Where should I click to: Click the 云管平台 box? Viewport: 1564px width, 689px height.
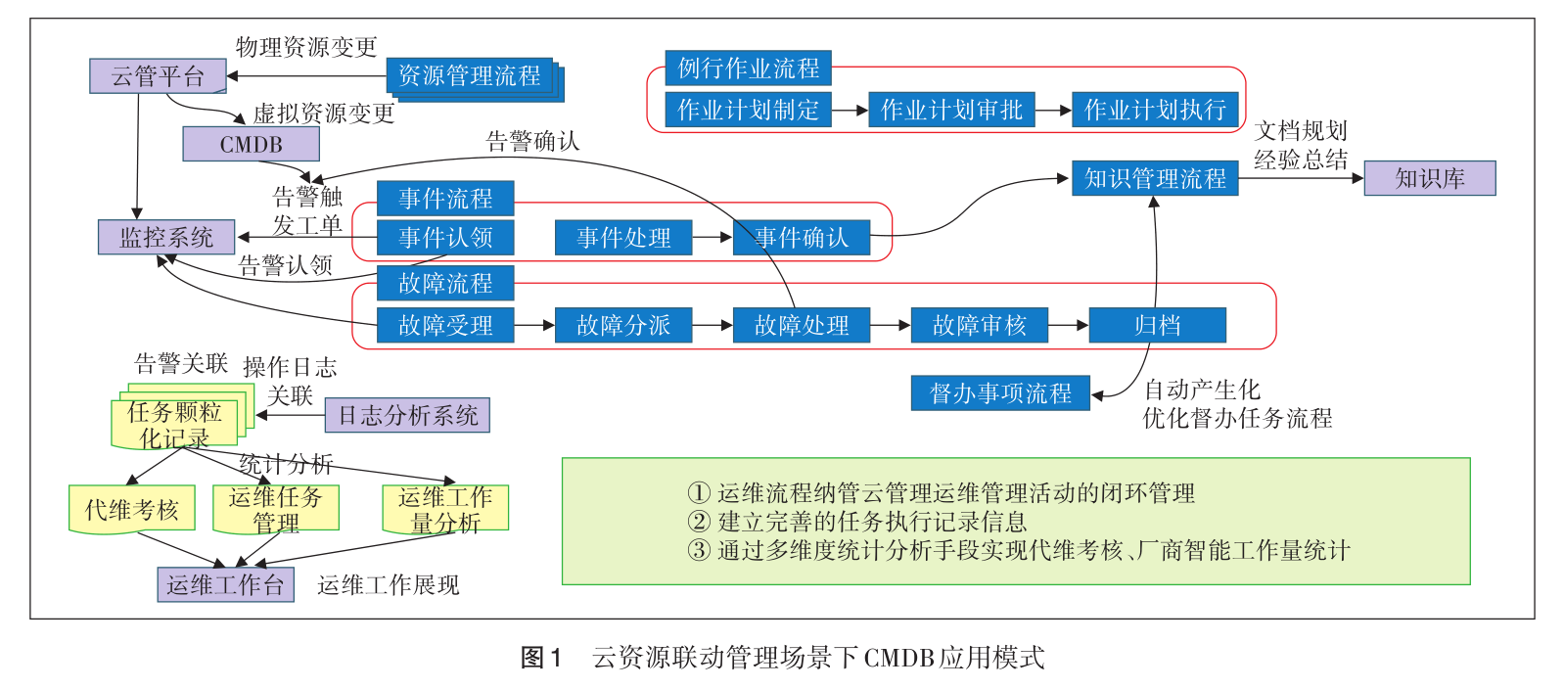(158, 76)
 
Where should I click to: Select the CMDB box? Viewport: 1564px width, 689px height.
(251, 144)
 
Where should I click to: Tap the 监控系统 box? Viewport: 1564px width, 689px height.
(166, 237)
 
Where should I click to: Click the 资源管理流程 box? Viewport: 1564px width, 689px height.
(469, 75)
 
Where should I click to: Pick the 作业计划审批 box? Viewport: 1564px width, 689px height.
(951, 110)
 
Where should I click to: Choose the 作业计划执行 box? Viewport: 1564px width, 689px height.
(1155, 110)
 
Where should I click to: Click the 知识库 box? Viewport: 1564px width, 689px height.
(1430, 178)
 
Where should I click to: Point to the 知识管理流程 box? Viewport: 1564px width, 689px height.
(1155, 178)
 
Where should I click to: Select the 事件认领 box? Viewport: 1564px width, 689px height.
(445, 237)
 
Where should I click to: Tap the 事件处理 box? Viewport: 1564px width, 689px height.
(623, 238)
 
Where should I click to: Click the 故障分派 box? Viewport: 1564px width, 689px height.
(623, 325)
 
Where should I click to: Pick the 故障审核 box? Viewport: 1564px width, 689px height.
(979, 325)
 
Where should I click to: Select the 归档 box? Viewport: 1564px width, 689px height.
(1157, 325)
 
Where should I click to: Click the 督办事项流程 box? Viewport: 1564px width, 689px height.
(1000, 393)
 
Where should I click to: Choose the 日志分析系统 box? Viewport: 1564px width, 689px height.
(407, 415)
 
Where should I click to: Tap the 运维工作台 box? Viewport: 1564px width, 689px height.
(225, 584)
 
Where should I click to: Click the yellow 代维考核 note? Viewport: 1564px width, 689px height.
(132, 509)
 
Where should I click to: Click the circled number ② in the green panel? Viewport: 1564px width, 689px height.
(698, 522)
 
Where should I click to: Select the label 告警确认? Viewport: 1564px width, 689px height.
(532, 142)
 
